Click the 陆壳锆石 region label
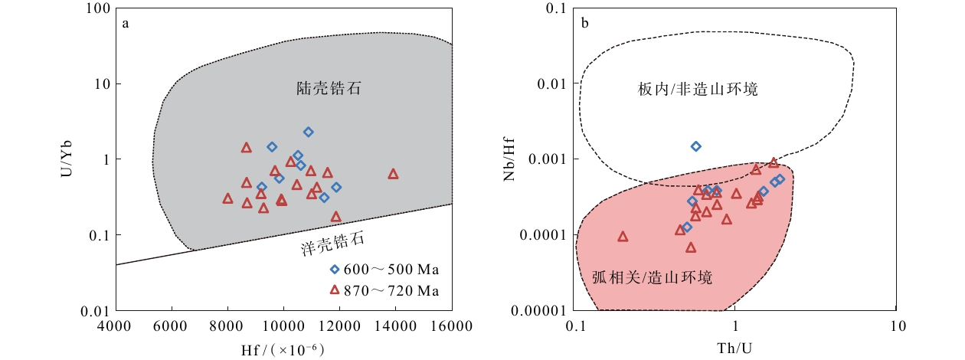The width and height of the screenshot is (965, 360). (x=329, y=88)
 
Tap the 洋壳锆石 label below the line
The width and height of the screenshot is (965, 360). (x=332, y=244)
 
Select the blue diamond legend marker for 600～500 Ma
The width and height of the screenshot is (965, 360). (x=335, y=269)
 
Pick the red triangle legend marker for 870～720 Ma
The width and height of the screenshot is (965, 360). (x=335, y=290)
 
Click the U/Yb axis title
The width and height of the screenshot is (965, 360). (x=67, y=159)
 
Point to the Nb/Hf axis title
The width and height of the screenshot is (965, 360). (x=509, y=159)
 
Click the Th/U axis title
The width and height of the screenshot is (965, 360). (x=734, y=348)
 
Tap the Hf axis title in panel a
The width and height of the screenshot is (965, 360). (x=283, y=350)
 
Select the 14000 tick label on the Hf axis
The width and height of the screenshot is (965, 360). (x=395, y=326)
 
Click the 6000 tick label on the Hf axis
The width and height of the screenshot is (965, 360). (x=171, y=326)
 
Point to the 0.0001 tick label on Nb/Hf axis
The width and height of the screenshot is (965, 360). (x=543, y=235)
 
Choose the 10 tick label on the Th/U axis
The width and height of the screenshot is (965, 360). (x=898, y=326)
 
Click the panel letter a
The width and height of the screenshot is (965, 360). (x=126, y=24)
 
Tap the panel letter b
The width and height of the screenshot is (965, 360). (x=584, y=23)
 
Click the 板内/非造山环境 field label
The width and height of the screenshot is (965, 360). (x=698, y=89)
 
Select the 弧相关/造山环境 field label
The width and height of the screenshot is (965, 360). (x=653, y=277)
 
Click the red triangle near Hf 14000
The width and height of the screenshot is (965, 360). (x=393, y=174)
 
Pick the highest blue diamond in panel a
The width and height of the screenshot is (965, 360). (x=308, y=132)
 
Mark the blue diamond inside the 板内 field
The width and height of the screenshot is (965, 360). (x=695, y=146)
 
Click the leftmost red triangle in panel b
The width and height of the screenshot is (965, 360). (x=623, y=237)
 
